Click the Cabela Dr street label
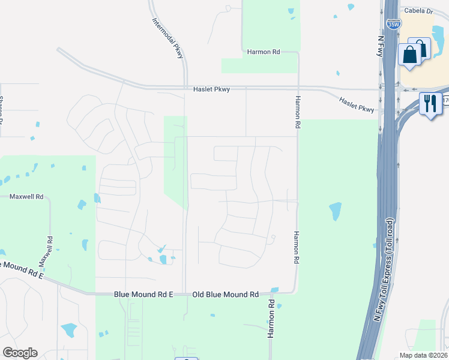tap(418, 11)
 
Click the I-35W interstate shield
tap(393, 25)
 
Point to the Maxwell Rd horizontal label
tap(26, 196)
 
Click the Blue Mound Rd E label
tap(143, 295)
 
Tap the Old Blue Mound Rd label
tap(225, 295)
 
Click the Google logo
tap(20, 353)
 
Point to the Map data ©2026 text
tap(423, 355)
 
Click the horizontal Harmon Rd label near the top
tap(264, 52)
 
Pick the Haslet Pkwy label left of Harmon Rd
tap(211, 89)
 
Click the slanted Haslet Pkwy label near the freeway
tap(357, 105)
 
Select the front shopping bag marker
tap(410, 55)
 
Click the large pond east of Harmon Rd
tap(335, 211)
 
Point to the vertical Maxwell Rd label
tap(46, 251)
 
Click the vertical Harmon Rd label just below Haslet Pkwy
tap(296, 113)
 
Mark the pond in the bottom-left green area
tap(68, 329)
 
